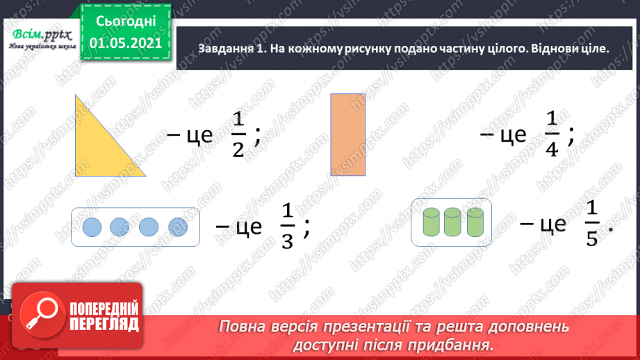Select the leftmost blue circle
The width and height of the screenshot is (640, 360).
point(92,227)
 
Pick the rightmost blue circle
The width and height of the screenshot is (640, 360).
point(179,227)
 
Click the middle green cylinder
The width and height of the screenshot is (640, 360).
point(453,223)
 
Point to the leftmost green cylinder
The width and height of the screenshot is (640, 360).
point(432,223)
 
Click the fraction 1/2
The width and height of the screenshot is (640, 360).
point(239,136)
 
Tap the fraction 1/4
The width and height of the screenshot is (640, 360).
point(552,136)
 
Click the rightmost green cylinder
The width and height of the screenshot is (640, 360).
point(475,223)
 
